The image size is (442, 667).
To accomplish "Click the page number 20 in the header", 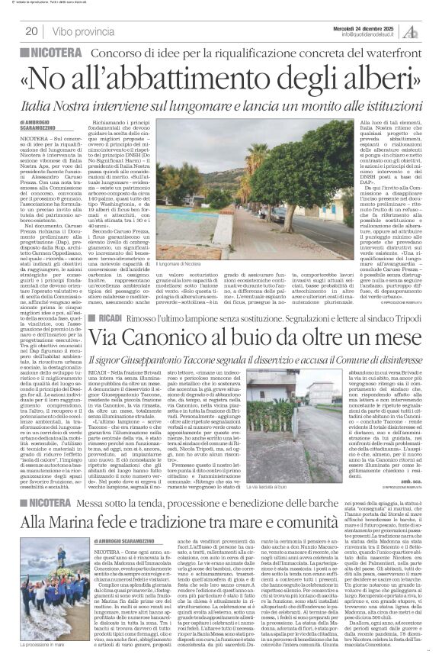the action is (x=32, y=31).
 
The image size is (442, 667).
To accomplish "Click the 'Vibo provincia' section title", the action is (x=78, y=31).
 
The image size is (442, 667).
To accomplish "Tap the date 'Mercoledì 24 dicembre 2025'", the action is (x=367, y=24).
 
